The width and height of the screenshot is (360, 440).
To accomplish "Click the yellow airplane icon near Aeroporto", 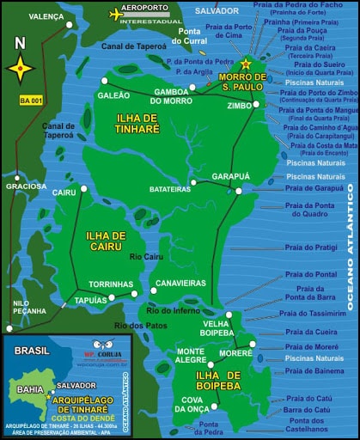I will coord(118,13).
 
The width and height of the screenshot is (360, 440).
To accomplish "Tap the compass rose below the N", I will coord(21,67).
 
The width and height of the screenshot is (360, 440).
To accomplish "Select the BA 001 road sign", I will coord(30,101).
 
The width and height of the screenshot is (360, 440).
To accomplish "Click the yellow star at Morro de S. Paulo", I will coord(246,64).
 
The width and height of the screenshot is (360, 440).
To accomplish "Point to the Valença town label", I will coord(46,16).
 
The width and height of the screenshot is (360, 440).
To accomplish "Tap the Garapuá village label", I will coord(229,175).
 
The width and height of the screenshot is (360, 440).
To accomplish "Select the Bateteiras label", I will coord(170,188).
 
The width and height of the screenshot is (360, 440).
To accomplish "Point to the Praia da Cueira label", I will coord(311,331).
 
